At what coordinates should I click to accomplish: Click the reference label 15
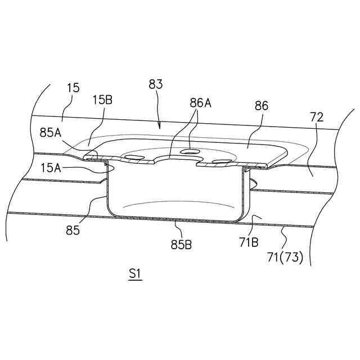[x=73, y=88]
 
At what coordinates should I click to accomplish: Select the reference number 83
[x=156, y=84]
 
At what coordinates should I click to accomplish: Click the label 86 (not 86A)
[x=262, y=106]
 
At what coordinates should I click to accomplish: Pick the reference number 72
[x=317, y=118]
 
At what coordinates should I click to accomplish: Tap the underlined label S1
[x=135, y=274]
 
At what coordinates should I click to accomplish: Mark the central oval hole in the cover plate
[x=190, y=151]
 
